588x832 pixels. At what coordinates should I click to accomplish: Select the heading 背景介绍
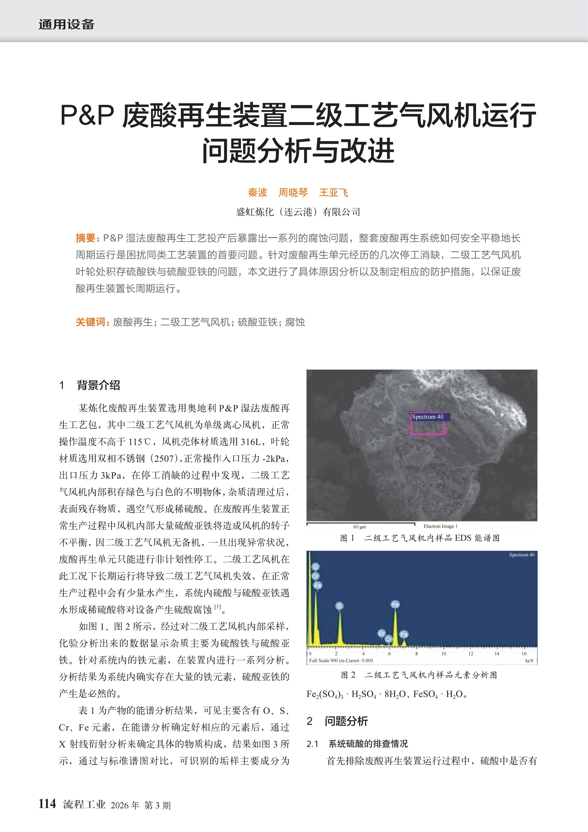pos(98,385)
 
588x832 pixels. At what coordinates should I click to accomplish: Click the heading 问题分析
pos(346,721)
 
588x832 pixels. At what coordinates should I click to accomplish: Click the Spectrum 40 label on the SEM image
pos(428,417)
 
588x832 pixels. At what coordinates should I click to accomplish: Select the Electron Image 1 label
pos(440,526)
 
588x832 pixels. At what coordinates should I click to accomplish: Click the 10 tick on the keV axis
pos(443,654)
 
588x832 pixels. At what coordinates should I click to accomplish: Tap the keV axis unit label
pos(529,661)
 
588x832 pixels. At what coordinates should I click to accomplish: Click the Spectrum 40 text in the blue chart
pos(522,555)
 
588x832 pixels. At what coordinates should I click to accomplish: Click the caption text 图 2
pos(348,675)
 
